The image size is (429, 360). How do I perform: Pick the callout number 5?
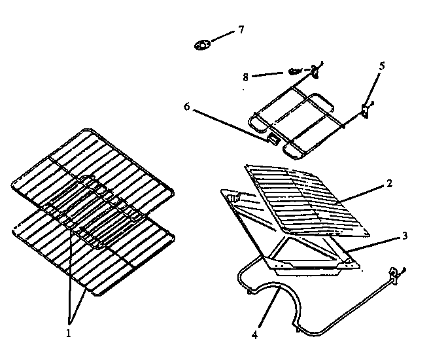[x=383, y=67]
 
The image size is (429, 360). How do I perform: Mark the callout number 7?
[x=241, y=29]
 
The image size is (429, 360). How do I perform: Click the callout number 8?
[x=245, y=77]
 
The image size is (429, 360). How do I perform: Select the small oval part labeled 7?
[x=202, y=45]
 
